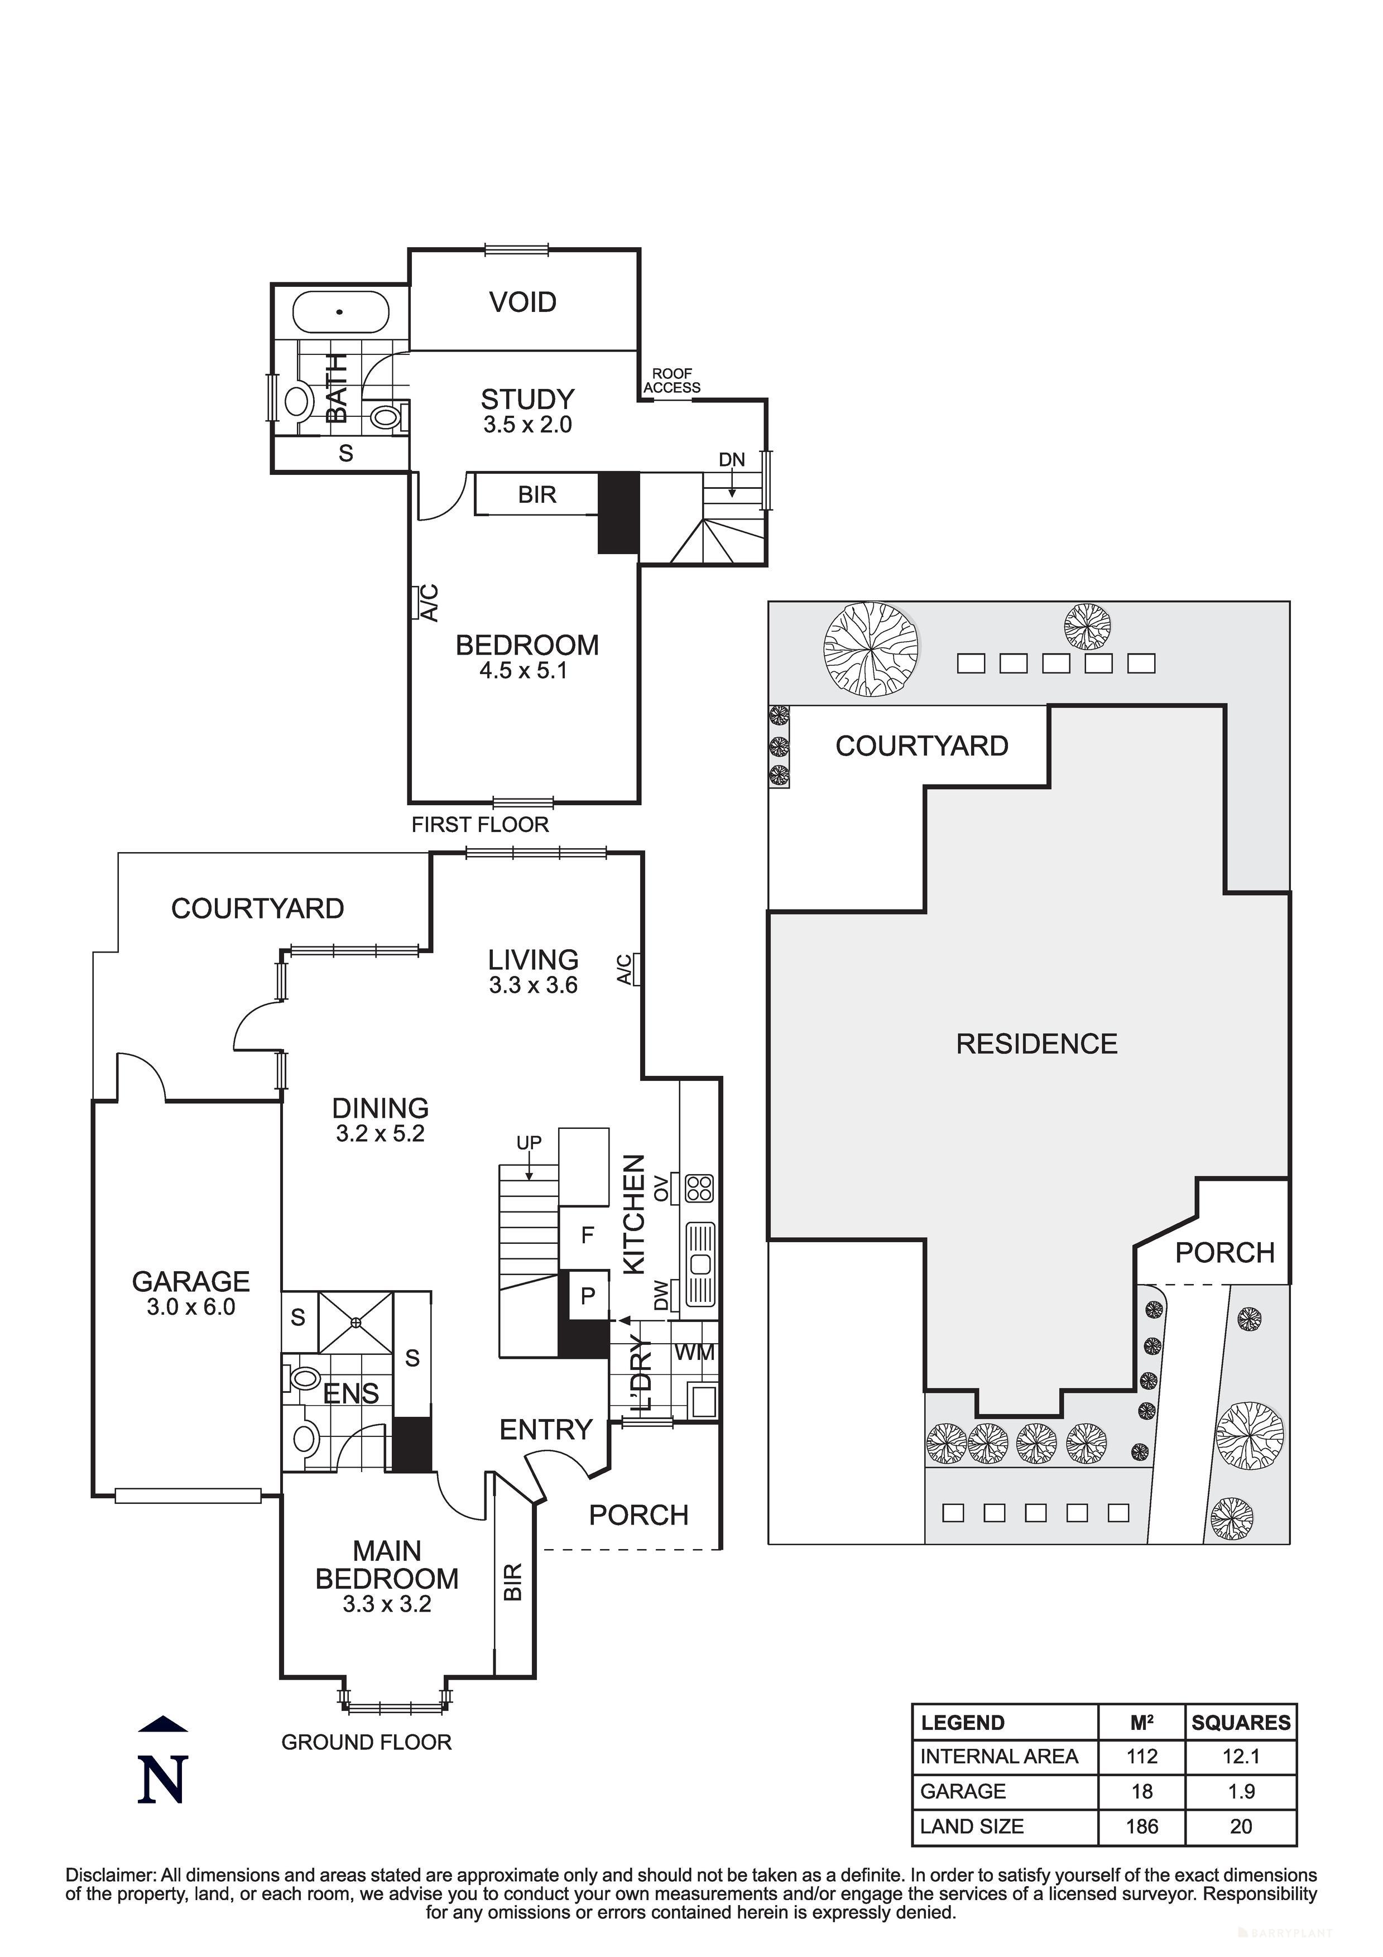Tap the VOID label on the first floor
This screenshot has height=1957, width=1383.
(x=523, y=302)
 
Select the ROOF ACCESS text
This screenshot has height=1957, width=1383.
(x=672, y=381)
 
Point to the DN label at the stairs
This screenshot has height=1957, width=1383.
(x=732, y=460)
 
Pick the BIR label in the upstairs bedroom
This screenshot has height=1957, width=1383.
(x=536, y=495)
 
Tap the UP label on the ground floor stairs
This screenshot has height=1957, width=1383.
(x=529, y=1143)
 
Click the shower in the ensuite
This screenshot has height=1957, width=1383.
(x=356, y=1322)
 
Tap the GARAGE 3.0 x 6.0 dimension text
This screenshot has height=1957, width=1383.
(x=190, y=1307)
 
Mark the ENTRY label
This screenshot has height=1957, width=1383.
(x=546, y=1430)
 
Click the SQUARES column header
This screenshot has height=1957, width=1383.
(x=1241, y=1723)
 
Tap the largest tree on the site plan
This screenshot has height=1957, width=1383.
(x=871, y=650)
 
